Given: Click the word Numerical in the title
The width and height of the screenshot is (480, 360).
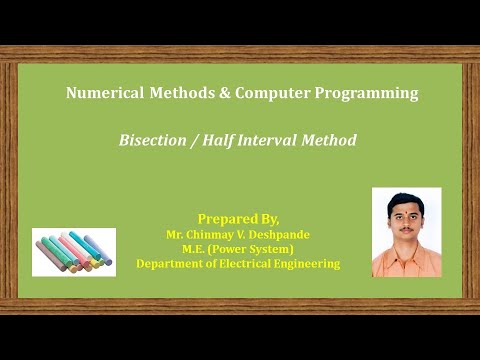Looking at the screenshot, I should click(x=99, y=94).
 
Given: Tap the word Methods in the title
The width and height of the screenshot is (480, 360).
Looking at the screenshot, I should click(x=174, y=94).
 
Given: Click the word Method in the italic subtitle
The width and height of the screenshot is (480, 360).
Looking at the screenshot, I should click(x=331, y=141).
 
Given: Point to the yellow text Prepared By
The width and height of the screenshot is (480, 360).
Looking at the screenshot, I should click(x=239, y=218).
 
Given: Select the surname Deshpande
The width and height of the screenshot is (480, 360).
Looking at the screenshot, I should click(x=279, y=234).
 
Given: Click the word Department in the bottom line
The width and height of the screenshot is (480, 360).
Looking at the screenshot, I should click(x=171, y=264).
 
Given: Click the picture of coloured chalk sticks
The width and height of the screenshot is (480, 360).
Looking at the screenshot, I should click(x=74, y=252).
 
